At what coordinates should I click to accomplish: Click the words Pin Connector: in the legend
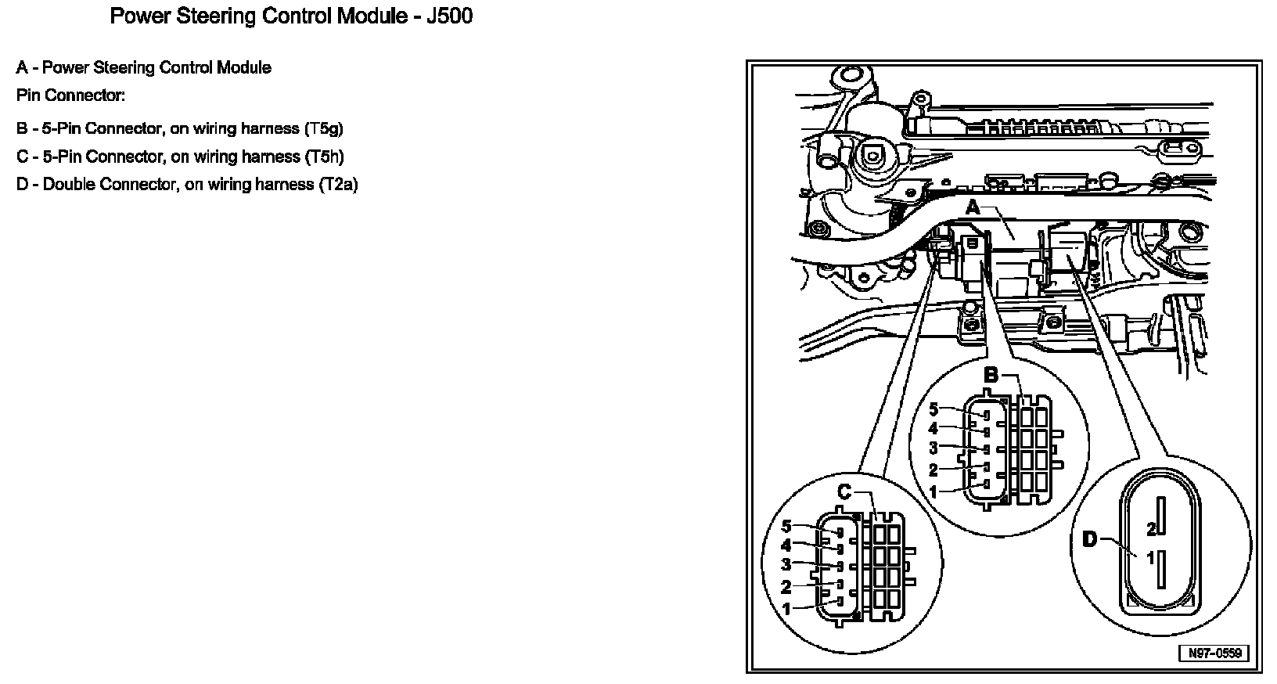point(70,95)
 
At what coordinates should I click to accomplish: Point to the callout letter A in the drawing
point(973,208)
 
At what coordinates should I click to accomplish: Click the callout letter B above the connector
point(991,376)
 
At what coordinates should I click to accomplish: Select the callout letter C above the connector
point(844,492)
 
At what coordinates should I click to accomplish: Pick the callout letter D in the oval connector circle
point(1090,538)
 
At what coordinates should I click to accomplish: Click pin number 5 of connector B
point(933,409)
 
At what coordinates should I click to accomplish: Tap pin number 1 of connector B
point(933,491)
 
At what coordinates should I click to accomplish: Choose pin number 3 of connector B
point(933,448)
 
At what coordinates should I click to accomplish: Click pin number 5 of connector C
point(786,526)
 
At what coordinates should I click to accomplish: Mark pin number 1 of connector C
point(786,608)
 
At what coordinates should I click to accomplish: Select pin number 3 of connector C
point(786,564)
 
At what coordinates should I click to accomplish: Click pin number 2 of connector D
point(1151,529)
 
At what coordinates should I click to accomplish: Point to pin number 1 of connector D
point(1151,559)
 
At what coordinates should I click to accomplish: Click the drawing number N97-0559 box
point(1214,653)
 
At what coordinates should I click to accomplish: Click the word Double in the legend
point(68,185)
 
